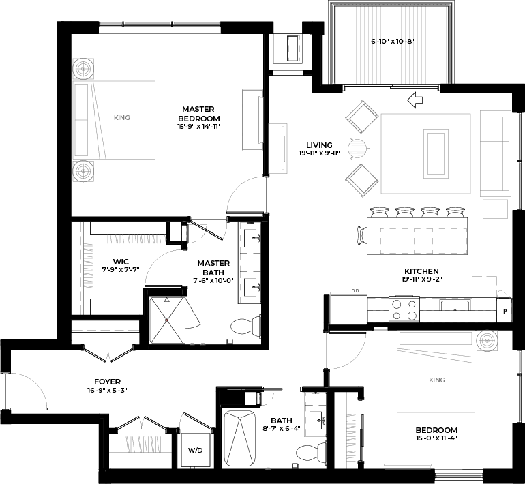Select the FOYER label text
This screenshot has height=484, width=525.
pyautogui.click(x=108, y=382)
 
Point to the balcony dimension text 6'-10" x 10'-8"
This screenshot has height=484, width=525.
pyautogui.click(x=392, y=42)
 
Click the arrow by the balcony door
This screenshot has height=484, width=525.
pyautogui.click(x=415, y=101)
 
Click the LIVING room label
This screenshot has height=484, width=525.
pyautogui.click(x=319, y=145)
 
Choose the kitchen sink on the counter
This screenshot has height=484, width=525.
pyautogui.click(x=453, y=305)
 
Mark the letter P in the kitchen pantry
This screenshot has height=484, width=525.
pyautogui.click(x=505, y=311)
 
